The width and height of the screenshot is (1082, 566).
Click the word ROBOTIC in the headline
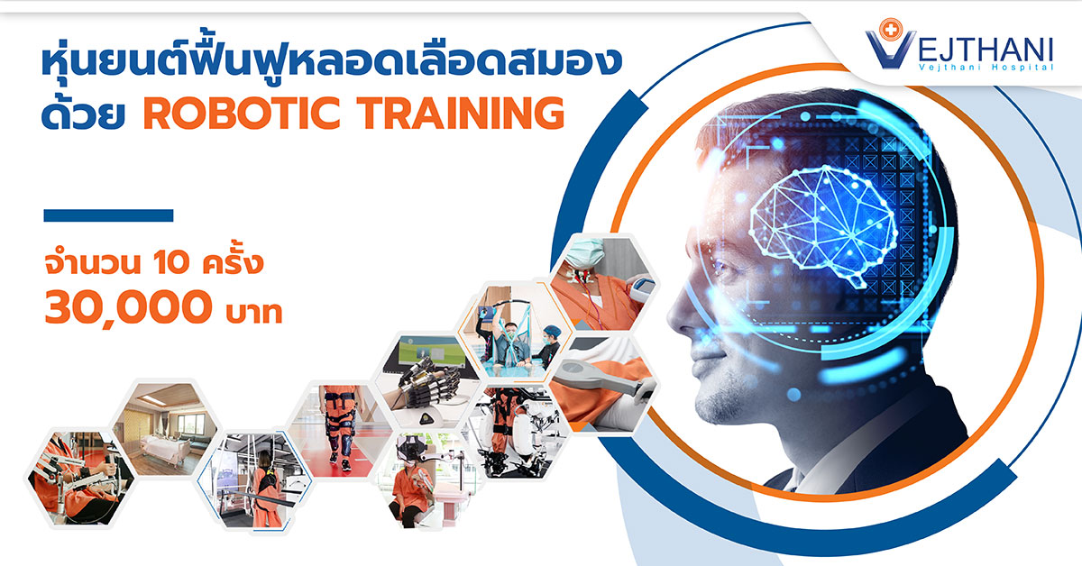point(242,113)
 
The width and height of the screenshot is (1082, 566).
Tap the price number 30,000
point(128,307)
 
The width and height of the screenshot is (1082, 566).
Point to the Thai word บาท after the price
point(254,312)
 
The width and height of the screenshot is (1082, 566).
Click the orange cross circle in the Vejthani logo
point(890,30)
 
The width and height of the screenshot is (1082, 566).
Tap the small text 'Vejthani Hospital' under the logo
point(986,67)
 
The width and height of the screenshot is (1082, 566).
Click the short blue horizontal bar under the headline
point(108,215)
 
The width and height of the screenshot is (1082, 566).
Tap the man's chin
point(711,410)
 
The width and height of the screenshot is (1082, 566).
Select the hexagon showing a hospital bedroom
point(165,429)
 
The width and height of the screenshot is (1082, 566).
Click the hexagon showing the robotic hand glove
point(427,380)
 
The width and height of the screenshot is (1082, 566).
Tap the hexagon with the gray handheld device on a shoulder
point(603,385)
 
